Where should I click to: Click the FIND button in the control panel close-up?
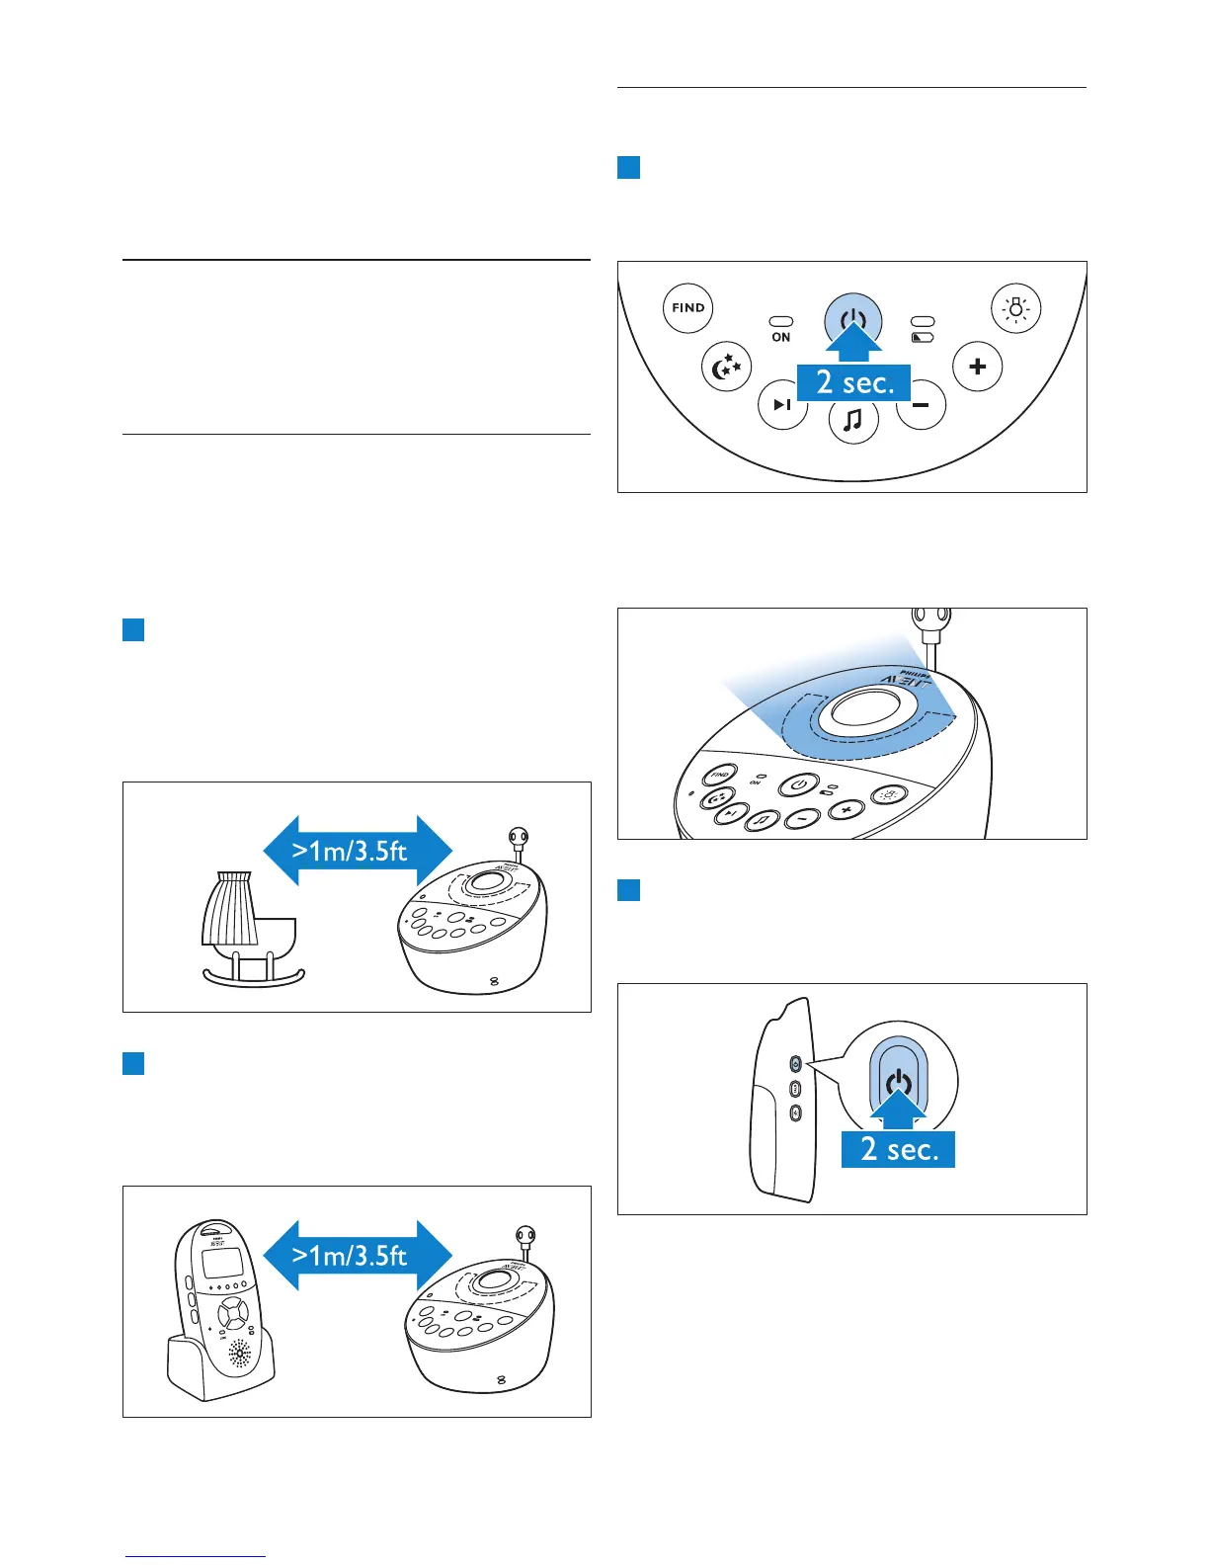[x=687, y=307]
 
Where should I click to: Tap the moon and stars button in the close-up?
[x=726, y=368]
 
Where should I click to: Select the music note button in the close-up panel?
[x=852, y=421]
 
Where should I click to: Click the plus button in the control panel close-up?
[x=977, y=367]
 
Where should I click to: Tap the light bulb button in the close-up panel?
[x=1015, y=308]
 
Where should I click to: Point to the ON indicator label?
[x=781, y=337]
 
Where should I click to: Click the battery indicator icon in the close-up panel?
[x=923, y=337]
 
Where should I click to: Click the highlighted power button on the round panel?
[x=852, y=319]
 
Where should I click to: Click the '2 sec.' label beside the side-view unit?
[x=898, y=1149]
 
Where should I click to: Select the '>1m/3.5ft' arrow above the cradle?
[x=357, y=851]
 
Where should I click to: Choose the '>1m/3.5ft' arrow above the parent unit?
[x=357, y=1256]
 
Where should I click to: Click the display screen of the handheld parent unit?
[x=219, y=1261]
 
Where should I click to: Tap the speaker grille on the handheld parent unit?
[x=240, y=1353]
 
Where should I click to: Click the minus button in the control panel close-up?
[x=922, y=405]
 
